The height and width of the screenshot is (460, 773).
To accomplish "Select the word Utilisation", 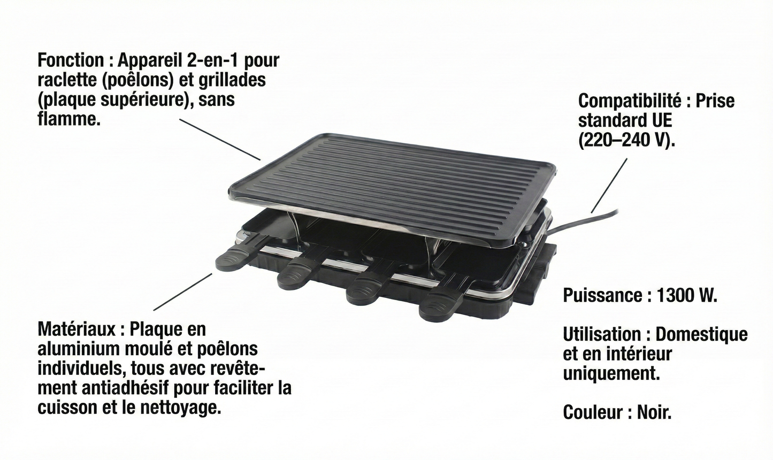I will point(601,335).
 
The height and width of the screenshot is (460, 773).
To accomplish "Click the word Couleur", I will point(592,412).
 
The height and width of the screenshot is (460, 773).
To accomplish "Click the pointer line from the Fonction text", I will point(219,139).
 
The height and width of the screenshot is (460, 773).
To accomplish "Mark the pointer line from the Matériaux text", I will point(183,292).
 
